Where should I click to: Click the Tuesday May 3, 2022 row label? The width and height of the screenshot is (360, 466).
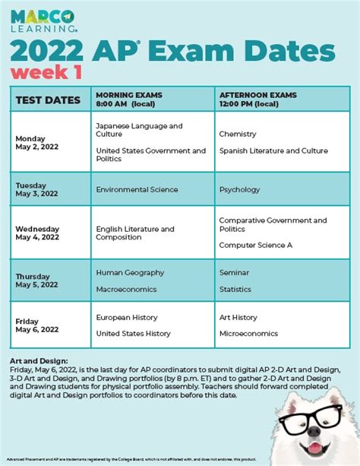[36, 189]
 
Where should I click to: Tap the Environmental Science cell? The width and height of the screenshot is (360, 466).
[137, 189]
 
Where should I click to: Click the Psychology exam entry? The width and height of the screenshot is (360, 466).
[239, 189]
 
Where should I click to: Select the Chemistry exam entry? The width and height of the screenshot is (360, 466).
[238, 134]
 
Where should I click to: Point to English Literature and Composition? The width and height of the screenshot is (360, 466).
[134, 233]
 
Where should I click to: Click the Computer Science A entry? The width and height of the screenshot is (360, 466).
[255, 245]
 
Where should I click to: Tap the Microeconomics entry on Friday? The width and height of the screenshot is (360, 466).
[249, 334]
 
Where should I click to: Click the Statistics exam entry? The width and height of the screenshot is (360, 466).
[235, 289]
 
